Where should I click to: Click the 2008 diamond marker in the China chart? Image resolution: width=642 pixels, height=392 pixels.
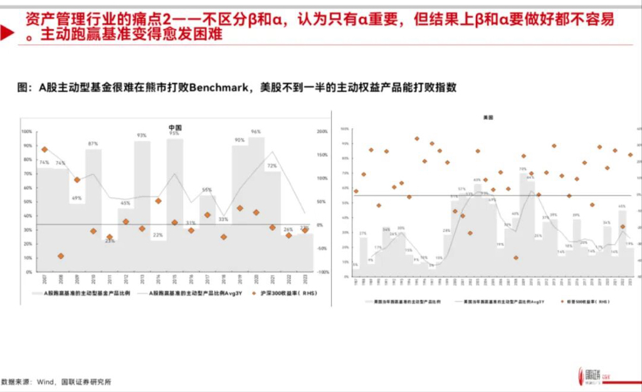[x=61, y=256]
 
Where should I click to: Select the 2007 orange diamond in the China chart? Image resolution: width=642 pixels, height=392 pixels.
[x=45, y=149]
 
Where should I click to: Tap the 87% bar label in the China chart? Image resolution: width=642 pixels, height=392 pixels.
[x=93, y=144]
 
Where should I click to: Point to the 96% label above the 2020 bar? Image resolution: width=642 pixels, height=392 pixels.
[x=256, y=132]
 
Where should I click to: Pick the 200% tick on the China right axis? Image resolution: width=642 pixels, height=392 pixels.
[x=322, y=132]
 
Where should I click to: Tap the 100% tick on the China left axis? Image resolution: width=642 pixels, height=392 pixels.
[x=26, y=132]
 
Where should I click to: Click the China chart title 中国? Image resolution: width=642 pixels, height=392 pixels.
[x=174, y=127]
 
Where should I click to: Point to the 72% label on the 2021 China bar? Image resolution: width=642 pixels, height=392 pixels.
[x=272, y=166]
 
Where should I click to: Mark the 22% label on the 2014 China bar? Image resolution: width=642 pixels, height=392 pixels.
[x=158, y=235]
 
